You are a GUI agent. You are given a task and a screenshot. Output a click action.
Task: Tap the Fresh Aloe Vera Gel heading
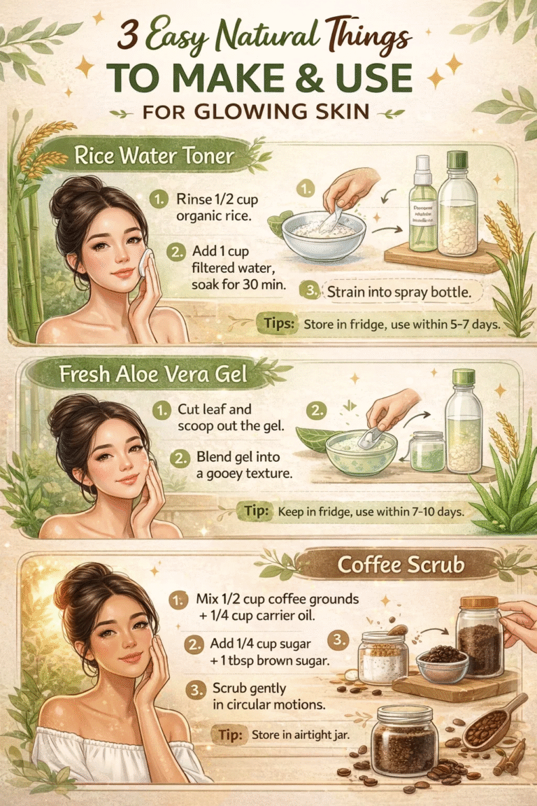coord(154,374)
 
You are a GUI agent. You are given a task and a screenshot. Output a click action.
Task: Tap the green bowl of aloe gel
coord(361,452)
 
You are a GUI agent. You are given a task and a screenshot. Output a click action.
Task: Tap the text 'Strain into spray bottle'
coord(395,292)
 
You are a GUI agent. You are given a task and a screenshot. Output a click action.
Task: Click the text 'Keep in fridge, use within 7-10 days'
coord(371,512)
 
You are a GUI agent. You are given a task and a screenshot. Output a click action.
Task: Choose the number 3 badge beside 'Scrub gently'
coord(195,688)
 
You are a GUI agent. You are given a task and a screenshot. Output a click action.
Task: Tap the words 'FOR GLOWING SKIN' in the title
coord(268,113)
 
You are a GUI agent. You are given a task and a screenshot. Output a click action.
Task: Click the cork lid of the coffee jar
coord(479,602)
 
